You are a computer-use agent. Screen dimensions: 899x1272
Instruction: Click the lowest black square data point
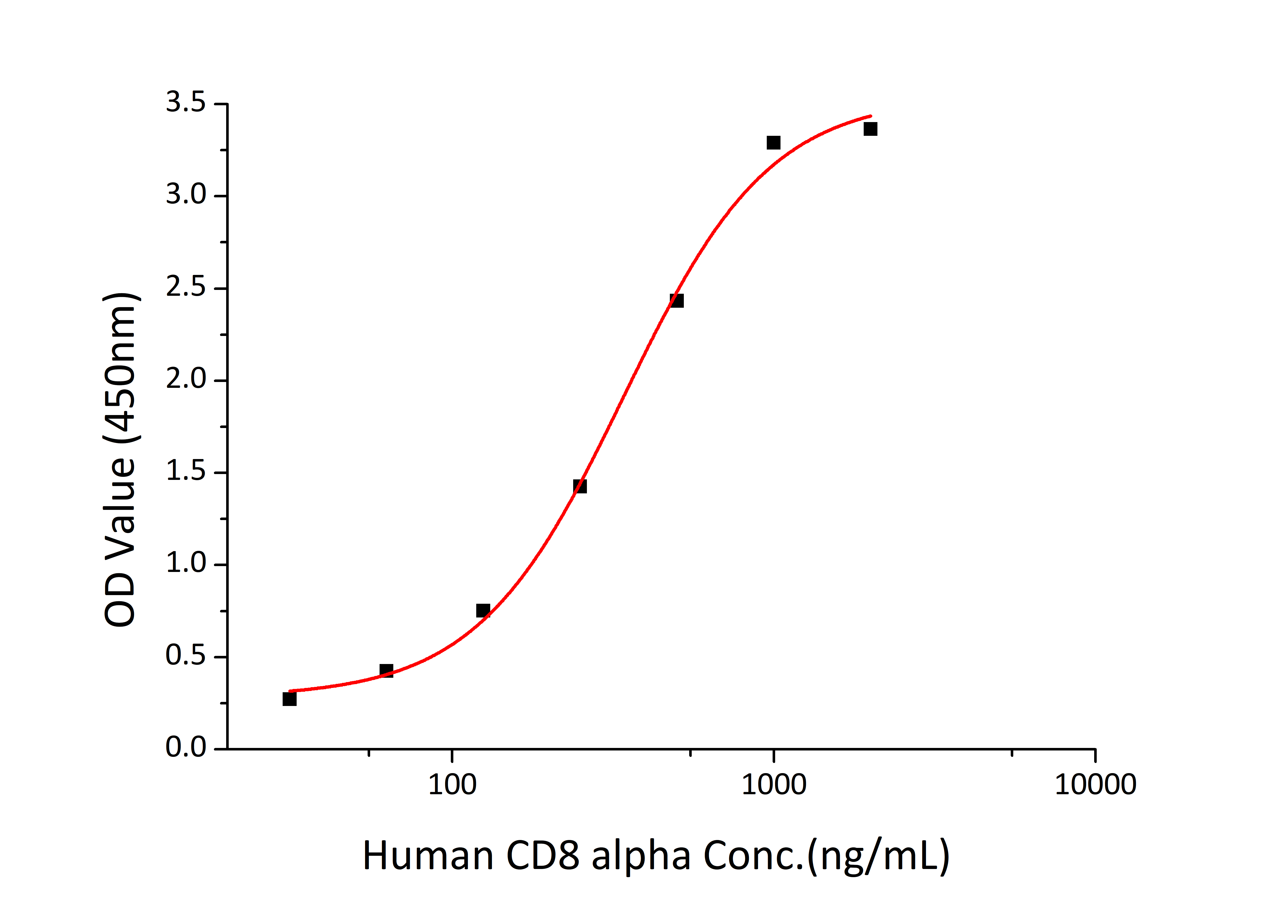pos(289,699)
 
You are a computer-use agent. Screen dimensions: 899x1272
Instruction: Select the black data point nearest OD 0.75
pos(483,610)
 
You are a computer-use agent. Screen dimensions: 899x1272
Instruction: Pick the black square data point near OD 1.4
pos(580,486)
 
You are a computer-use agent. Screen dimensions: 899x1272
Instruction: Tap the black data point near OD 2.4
pos(676,301)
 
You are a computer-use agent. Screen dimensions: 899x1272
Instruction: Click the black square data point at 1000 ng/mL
pos(773,143)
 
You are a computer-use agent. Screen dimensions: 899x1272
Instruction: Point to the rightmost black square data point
pos(870,129)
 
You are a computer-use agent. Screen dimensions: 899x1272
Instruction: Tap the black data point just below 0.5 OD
pos(386,671)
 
